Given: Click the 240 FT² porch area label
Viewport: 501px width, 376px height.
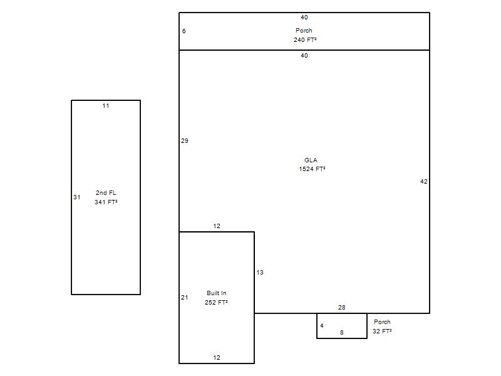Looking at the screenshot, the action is tap(305, 39).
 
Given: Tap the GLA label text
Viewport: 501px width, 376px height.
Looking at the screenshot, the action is tap(311, 160).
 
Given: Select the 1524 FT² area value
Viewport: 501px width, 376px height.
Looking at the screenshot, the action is tap(312, 169).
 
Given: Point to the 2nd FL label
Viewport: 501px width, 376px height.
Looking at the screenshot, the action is tap(106, 193).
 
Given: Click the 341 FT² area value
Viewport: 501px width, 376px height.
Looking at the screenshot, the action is tap(106, 202).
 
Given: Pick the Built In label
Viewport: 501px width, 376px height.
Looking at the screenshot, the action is tap(216, 293).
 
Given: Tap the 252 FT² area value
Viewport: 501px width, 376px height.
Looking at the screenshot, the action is tap(216, 302).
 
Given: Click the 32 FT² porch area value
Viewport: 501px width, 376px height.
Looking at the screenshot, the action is tap(382, 332).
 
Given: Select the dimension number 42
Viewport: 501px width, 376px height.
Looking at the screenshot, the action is tap(424, 182).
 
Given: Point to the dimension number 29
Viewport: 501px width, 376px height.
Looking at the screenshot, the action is tap(185, 140).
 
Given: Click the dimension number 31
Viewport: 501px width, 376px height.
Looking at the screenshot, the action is tap(76, 197).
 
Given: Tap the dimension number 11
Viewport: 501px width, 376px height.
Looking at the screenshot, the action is tap(106, 106).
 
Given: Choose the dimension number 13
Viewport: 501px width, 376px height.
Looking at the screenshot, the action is tap(260, 273).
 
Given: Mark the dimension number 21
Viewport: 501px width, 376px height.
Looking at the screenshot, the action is tap(185, 297).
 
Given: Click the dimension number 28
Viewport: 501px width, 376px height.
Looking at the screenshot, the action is tap(341, 307).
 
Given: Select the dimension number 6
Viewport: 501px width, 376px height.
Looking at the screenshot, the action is tap(183, 31).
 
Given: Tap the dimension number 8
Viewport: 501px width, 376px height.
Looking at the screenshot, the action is tap(341, 333).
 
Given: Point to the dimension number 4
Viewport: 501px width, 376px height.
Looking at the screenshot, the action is tap(322, 325).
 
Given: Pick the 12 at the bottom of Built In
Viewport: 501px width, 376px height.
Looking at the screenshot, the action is tap(217, 357).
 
